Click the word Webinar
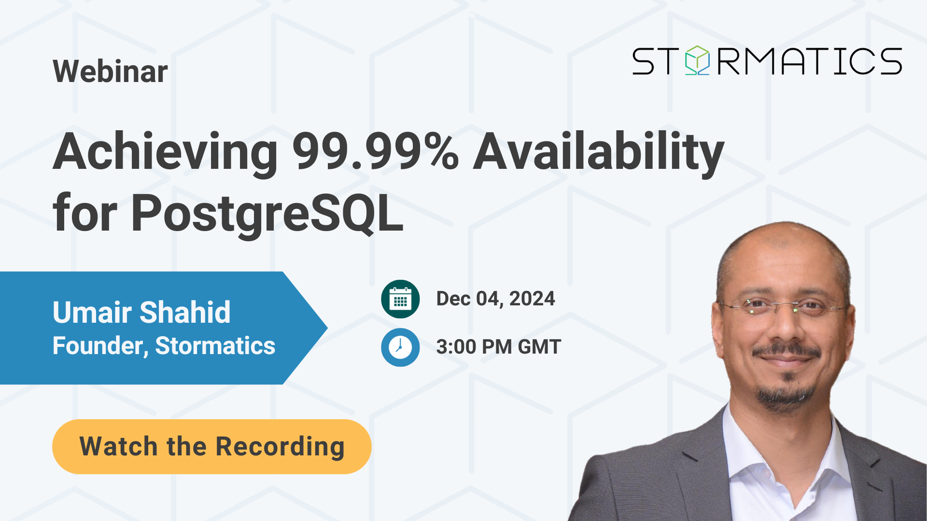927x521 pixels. tap(110, 71)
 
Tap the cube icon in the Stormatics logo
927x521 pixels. tap(698, 60)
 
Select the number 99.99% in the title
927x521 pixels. tap(376, 151)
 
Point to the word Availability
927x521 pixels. tap(599, 152)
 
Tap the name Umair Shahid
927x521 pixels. tap(141, 312)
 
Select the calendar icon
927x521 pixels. tap(400, 299)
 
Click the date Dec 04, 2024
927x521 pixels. tap(495, 299)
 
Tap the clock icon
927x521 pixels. tap(400, 347)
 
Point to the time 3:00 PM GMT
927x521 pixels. tap(498, 347)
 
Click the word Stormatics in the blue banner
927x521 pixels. tap(215, 346)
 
